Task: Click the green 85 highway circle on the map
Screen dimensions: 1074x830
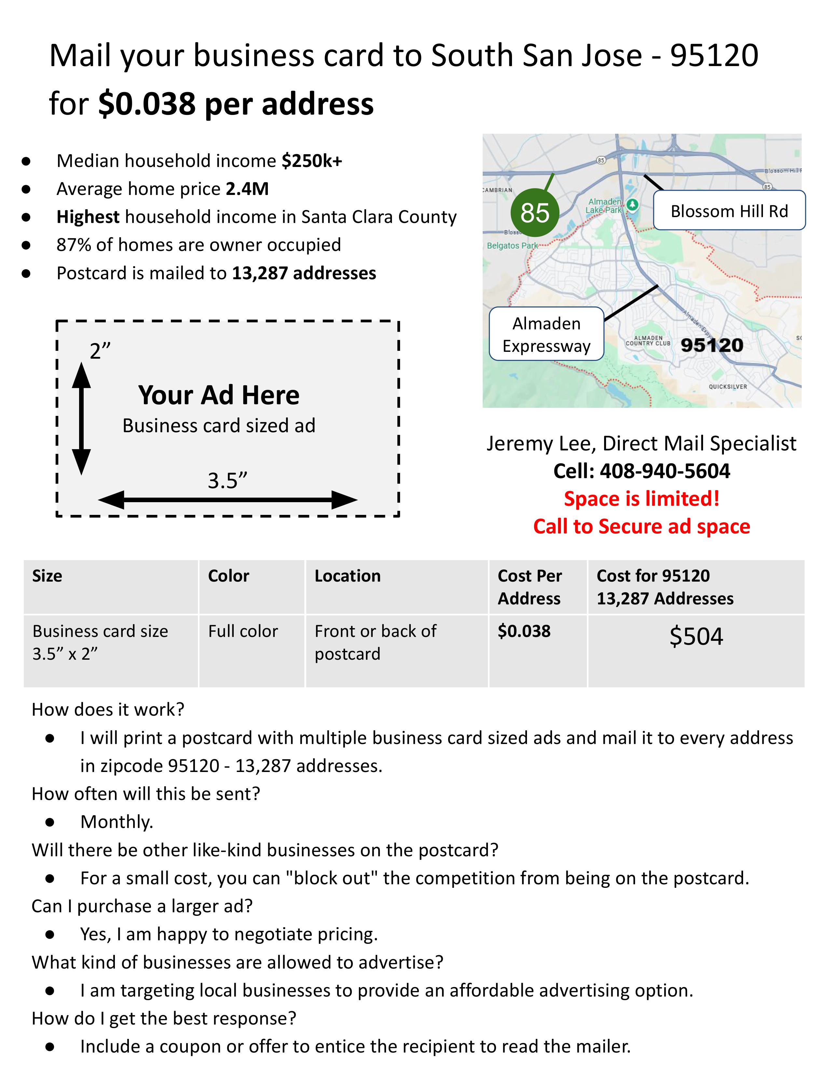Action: [x=534, y=213]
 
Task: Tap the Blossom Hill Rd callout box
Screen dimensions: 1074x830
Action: [x=729, y=211]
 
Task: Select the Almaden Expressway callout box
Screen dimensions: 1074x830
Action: [x=546, y=334]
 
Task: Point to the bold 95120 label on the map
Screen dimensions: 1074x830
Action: [x=712, y=345]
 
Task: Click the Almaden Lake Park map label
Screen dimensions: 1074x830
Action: [x=605, y=206]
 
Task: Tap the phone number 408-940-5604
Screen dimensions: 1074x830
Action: [x=665, y=471]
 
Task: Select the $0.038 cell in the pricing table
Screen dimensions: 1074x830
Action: [x=524, y=631]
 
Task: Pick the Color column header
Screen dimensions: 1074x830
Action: [x=228, y=576]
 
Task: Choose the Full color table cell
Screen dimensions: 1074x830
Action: [x=243, y=631]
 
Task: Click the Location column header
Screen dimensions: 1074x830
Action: [x=348, y=576]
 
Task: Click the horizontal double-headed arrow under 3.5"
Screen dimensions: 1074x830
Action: [x=228, y=500]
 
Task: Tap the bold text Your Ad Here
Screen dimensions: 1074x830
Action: [x=219, y=395]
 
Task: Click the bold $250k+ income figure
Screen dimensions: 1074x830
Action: [x=312, y=161]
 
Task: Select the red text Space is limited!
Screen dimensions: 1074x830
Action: [x=642, y=499]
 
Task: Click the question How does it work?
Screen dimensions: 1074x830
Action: [x=108, y=709]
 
